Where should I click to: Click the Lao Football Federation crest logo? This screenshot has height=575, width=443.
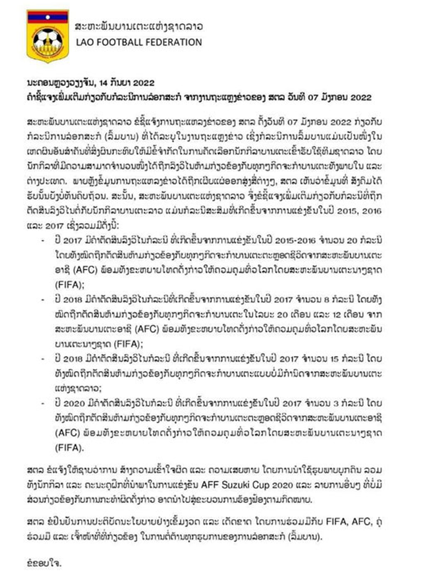pyautogui.click(x=47, y=36)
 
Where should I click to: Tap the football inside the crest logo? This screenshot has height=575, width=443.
pyautogui.click(x=47, y=39)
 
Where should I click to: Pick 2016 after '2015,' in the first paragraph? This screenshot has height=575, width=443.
pyautogui.click(x=372, y=211)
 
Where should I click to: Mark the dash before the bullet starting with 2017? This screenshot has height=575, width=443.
pyautogui.click(x=43, y=240)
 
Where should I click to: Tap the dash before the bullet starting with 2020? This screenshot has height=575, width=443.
pyautogui.click(x=43, y=403)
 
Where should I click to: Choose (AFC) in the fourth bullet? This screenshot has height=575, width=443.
pyautogui.click(x=68, y=433)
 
